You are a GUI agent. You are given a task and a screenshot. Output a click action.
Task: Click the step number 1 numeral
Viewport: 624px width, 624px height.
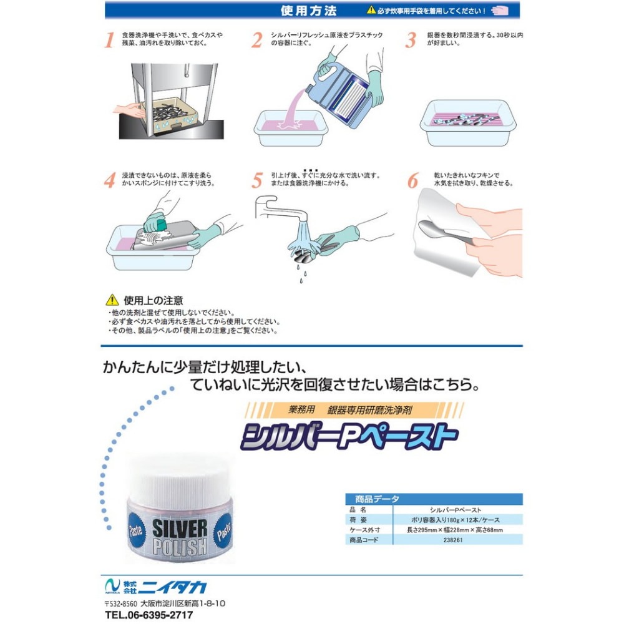pos(109,40)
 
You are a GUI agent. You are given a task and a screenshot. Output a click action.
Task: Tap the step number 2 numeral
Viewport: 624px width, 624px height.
pos(257,40)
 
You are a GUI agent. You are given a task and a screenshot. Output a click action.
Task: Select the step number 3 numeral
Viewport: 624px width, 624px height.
pos(411,40)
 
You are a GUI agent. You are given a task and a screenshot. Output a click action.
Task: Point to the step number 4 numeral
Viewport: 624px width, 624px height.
pos(110,180)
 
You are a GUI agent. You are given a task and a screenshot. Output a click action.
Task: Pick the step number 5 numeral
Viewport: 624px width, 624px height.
pos(257,180)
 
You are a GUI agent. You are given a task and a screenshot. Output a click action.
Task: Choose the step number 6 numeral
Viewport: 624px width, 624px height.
pos(413,180)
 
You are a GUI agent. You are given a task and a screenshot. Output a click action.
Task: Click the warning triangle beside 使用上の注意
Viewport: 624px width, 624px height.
pos(112,300)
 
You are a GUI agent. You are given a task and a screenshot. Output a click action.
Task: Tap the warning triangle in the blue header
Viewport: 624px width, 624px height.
pos(371,10)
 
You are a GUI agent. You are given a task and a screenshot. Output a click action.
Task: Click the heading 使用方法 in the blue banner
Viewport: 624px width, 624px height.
pos(308,11)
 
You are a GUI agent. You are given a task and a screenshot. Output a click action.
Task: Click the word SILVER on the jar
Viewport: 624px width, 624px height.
pos(180,528)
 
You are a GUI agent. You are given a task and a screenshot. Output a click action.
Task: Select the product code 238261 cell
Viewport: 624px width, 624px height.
pos(453,540)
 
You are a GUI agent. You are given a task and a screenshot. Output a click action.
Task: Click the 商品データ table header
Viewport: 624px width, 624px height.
pos(377,499)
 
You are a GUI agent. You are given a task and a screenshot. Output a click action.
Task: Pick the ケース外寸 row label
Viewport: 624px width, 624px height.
pos(364,530)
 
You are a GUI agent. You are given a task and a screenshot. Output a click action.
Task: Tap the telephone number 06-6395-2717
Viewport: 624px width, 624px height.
pos(158,615)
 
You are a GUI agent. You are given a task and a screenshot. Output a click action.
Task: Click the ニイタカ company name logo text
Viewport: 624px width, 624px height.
pos(175,587)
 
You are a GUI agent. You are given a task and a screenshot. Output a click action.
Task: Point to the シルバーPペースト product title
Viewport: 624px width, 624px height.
pos(349,436)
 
